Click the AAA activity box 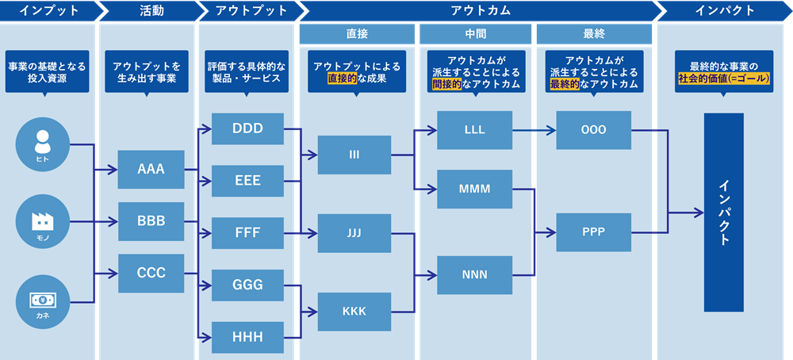[151, 170]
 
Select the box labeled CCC [151, 273]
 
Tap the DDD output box [247, 129]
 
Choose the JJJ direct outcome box [354, 233]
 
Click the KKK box [354, 311]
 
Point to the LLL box [474, 129]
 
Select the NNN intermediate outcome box [474, 275]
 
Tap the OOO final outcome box [593, 129]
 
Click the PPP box [593, 232]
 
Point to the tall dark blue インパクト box [723, 212]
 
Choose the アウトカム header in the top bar [480, 10]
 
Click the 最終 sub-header [594, 34]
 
